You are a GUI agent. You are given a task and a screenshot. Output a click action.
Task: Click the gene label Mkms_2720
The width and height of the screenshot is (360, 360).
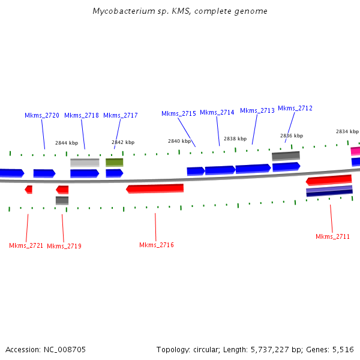(x=42, y=115)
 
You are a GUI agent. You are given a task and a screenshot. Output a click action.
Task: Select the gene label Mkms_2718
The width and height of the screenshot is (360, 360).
(x=82, y=115)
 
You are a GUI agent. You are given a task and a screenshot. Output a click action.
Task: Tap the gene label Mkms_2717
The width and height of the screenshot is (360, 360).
(x=121, y=115)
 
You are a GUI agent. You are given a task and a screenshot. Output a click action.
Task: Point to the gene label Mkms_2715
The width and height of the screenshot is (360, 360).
(x=179, y=113)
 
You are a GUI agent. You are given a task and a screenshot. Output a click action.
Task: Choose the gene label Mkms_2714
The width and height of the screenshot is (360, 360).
(x=217, y=112)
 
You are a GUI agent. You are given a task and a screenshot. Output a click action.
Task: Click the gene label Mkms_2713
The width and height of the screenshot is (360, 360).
(x=257, y=110)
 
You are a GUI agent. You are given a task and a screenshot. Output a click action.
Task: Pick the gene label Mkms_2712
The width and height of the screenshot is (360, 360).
(x=295, y=108)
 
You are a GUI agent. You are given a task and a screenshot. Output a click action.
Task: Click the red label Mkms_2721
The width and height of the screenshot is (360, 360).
(x=26, y=245)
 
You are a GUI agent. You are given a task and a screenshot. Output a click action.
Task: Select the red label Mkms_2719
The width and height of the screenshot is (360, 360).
(x=64, y=246)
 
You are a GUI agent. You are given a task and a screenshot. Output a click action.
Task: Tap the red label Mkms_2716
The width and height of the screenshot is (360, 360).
(x=157, y=245)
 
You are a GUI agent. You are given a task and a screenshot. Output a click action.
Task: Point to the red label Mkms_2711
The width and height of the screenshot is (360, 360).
(x=333, y=236)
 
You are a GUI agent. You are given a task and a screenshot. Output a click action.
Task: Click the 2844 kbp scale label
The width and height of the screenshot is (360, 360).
(x=67, y=143)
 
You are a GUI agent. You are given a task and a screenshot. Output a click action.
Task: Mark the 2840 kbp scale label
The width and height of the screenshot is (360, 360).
(x=179, y=141)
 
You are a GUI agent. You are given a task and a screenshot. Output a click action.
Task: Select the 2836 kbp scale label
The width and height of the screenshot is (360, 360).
(x=292, y=136)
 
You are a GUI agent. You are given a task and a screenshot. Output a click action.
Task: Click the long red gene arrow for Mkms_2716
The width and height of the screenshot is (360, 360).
(x=155, y=188)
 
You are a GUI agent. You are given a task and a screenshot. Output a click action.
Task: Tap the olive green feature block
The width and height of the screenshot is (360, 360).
(x=115, y=162)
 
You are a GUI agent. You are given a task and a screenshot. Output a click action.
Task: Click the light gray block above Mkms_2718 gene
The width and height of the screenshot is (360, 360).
(x=85, y=163)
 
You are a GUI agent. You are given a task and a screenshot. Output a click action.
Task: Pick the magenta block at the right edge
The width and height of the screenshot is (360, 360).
(x=355, y=151)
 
